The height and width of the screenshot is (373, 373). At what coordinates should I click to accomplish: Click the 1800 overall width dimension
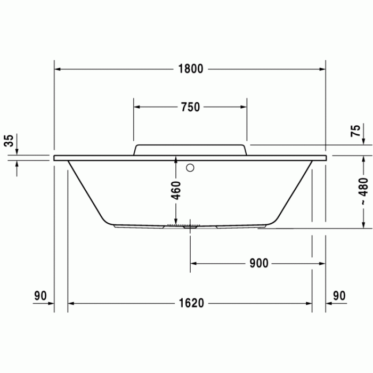[191, 69]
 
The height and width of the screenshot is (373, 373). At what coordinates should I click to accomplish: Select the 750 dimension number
[190, 107]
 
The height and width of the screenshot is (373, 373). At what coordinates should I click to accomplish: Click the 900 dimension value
[258, 263]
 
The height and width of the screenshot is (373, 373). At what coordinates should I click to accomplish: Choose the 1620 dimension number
[191, 303]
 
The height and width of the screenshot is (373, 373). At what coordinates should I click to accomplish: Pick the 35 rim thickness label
[9, 141]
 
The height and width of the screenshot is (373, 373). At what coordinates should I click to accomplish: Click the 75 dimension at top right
[356, 131]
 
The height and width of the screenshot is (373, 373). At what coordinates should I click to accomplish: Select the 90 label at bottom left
[41, 295]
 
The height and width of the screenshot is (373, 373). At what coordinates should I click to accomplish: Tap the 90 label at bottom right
[339, 295]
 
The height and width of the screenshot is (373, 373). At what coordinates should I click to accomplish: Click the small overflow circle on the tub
[190, 168]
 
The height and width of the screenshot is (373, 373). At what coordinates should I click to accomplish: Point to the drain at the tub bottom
[189, 226]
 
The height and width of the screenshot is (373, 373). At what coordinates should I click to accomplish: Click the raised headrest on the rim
[190, 149]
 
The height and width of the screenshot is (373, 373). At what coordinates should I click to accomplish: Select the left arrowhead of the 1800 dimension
[58, 69]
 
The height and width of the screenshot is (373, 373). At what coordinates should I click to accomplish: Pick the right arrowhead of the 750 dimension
[244, 107]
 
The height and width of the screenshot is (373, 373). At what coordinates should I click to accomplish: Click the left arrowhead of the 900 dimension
[194, 263]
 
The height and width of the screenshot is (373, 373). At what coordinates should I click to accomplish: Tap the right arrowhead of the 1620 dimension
[309, 303]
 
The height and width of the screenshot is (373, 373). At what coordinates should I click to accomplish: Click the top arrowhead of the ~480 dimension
[363, 159]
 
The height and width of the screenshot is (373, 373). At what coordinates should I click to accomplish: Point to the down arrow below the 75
[363, 141]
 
